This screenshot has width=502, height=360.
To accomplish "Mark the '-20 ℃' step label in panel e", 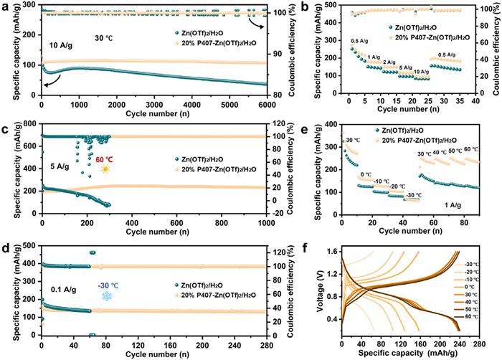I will point(396,186).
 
